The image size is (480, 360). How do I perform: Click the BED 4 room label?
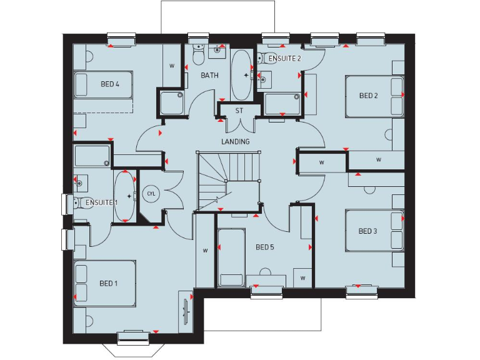point(110,84)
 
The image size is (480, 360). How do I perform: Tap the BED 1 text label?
point(108,283)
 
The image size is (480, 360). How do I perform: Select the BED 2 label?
point(368,96)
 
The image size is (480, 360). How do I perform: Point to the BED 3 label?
point(367,231)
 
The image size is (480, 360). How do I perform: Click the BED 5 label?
point(265,247)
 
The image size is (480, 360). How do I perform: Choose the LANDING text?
point(235,142)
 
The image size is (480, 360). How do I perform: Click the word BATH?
point(209,75)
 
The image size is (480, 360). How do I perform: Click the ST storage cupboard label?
point(239,111)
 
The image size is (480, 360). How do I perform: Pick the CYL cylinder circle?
point(151,194)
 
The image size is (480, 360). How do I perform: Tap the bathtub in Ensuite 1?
point(125,196)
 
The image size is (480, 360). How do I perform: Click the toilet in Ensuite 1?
point(79,202)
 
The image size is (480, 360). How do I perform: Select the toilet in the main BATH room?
point(198,55)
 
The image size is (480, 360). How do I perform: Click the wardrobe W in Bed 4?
point(172,65)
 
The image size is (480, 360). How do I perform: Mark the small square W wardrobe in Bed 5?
point(302,277)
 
